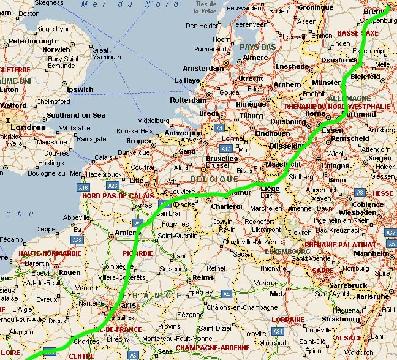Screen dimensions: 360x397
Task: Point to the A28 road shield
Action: (x=77, y=241)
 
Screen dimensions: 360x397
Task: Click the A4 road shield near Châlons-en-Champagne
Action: (x=226, y=294)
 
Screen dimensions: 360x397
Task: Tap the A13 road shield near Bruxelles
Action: (x=226, y=149)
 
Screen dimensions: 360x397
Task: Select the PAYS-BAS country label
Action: (x=258, y=47)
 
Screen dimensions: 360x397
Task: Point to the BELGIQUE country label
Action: (x=214, y=179)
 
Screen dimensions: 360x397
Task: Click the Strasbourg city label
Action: (x=341, y=318)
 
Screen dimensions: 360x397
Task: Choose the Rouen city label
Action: (x=69, y=272)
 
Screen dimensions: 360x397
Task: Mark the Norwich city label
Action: (x=56, y=50)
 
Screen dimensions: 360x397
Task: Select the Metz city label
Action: (x=278, y=294)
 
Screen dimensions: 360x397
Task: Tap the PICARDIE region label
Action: (x=137, y=253)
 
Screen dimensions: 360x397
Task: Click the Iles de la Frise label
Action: (x=205, y=7)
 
